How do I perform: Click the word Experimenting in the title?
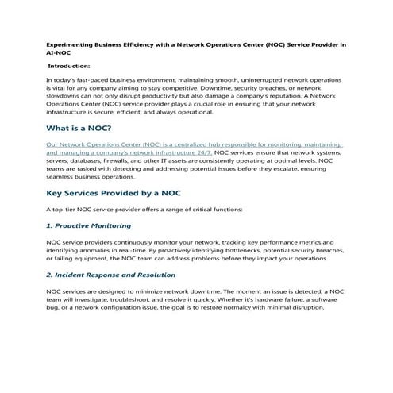tap(69, 45)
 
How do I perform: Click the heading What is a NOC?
tap(79, 128)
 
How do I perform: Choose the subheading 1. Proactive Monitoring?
tap(89, 225)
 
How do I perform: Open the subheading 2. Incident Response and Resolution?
tap(111, 275)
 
